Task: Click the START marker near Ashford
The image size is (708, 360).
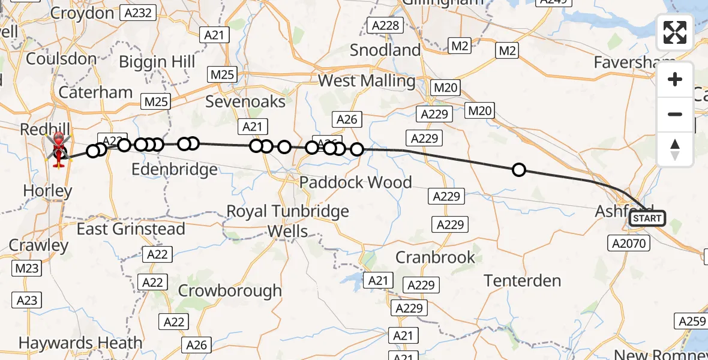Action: pos(647,218)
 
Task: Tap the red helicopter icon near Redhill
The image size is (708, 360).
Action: pos(58,149)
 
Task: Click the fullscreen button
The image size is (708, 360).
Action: pos(675,32)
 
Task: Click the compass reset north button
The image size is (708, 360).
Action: pos(675,149)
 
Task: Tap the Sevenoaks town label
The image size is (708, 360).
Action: pos(245,101)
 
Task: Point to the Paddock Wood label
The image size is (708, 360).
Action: pos(356,182)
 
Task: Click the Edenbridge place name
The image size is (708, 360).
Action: pos(174,170)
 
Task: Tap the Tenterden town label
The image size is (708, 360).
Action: pos(522,280)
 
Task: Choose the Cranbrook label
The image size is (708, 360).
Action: pos(435,257)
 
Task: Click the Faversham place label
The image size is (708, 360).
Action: pos(626,62)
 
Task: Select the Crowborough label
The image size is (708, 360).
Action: pos(230,290)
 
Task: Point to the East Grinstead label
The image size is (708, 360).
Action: pos(131,229)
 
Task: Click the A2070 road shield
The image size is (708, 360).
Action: pos(627,242)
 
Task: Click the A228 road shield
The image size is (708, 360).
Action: pos(385,25)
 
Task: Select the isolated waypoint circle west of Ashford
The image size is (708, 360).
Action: pos(519,170)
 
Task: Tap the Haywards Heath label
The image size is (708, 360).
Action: pos(80,343)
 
